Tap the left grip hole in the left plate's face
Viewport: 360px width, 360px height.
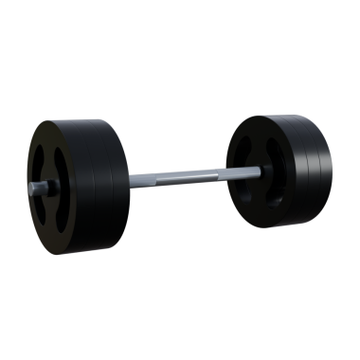point(41,165)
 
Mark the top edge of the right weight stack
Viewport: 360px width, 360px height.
point(284,116)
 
